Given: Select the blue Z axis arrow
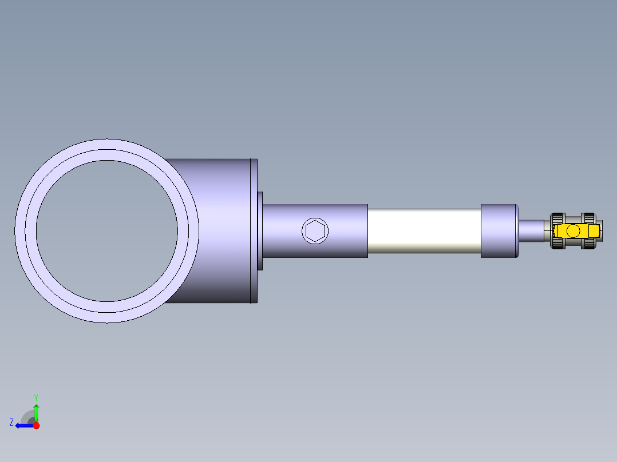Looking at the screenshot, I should [x=23, y=425].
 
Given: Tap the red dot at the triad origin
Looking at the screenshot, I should [x=36, y=425].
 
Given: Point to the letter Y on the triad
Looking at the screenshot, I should [x=35, y=397].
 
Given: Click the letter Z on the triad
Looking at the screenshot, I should [x=11, y=423].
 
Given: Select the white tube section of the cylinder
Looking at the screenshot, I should [x=424, y=231].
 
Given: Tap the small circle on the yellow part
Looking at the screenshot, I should [x=574, y=231].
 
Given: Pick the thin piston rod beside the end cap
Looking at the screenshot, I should [x=531, y=231].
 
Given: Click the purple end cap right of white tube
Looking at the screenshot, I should [x=499, y=231].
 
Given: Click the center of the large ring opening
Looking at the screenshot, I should [x=107, y=231].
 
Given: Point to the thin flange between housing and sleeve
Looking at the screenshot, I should [x=260, y=231].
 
